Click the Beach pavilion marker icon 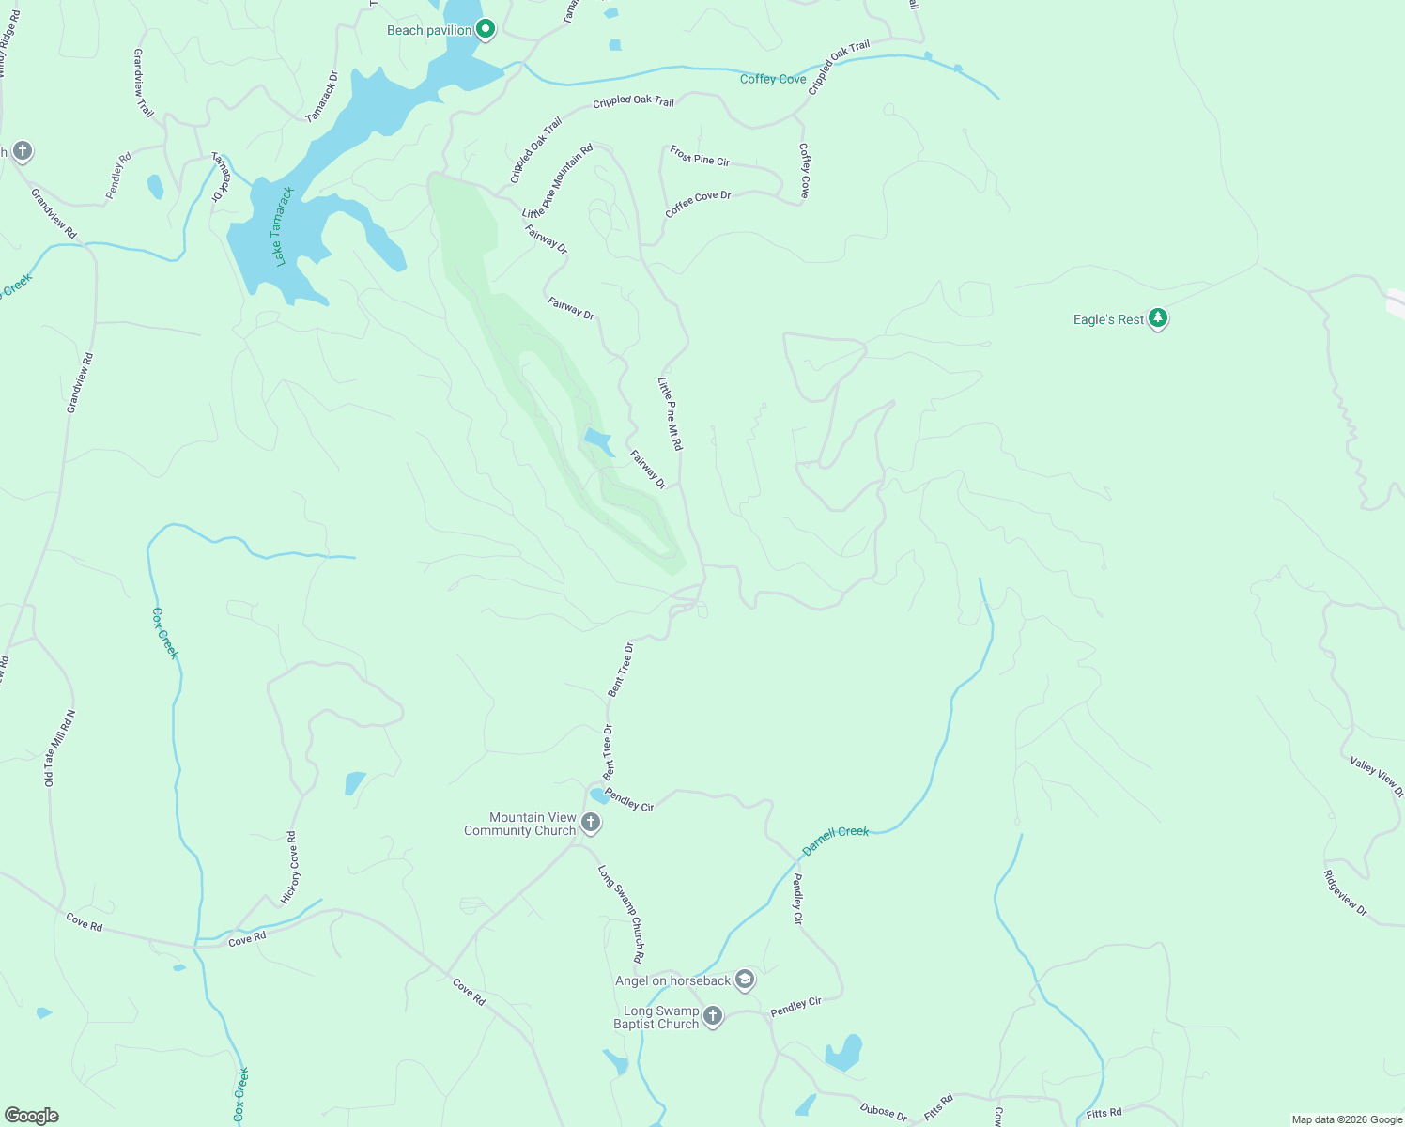tap(486, 30)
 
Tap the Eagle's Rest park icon tap(1158, 319)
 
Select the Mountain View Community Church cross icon tap(591, 824)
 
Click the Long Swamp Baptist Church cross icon tap(713, 1016)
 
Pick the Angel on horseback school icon tap(745, 980)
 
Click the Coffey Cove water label tap(773, 79)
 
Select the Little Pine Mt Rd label tap(671, 414)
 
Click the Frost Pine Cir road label tap(700, 156)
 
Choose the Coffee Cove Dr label tap(698, 204)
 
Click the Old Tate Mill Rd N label tap(60, 749)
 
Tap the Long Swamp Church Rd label tap(622, 914)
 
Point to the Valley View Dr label tap(1377, 777)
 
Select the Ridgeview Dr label tap(1346, 893)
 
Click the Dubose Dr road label tap(884, 1112)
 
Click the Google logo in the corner tap(31, 1115)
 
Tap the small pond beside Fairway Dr tap(598, 440)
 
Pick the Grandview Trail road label tap(143, 83)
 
